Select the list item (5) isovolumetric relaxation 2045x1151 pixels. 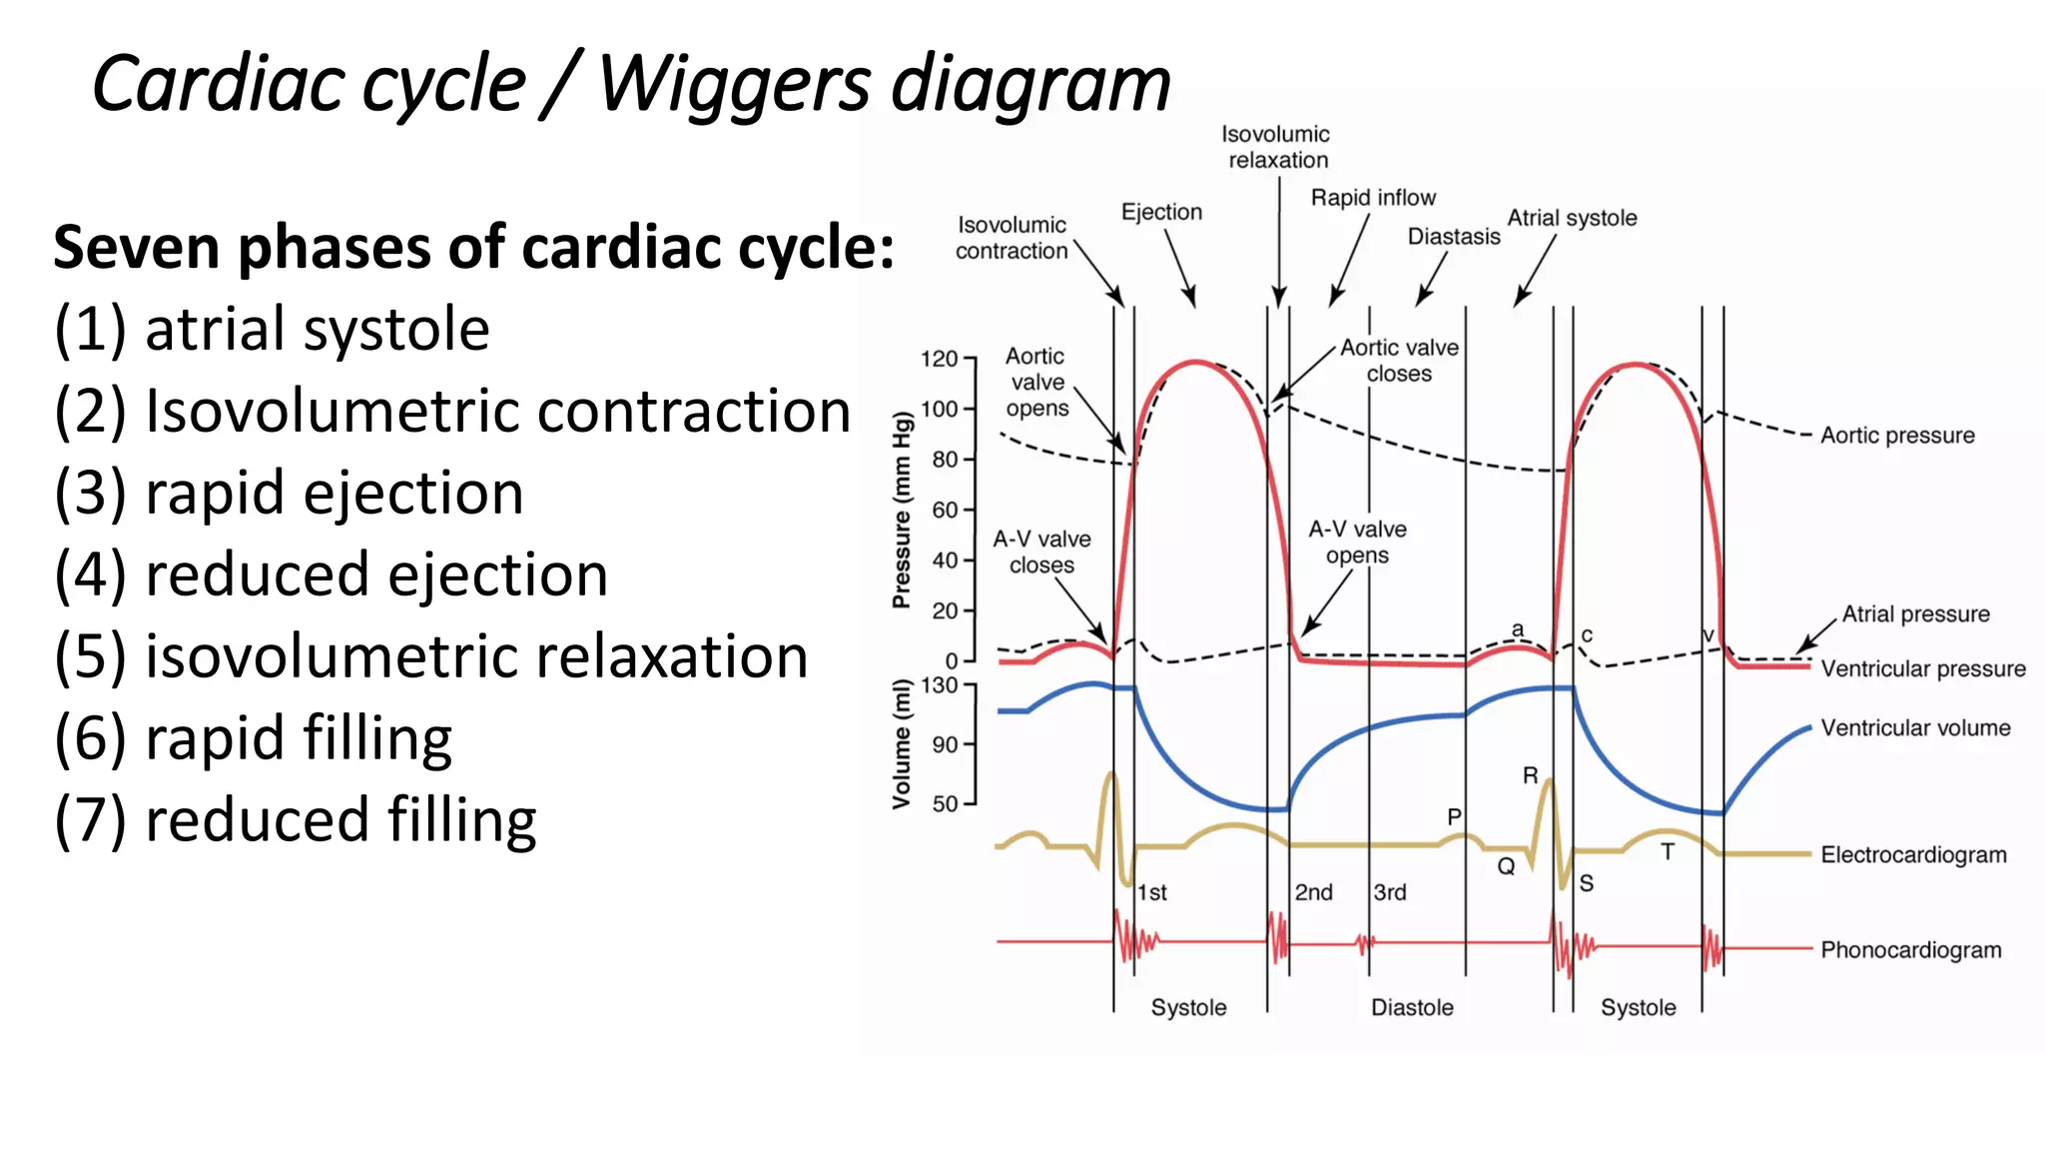pos(430,657)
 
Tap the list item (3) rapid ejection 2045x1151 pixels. pos(289,494)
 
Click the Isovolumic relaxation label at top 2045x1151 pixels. pos(1276,147)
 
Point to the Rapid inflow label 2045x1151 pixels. pos(1373,198)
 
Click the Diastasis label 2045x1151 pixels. pos(1454,237)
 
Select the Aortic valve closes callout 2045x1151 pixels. pos(1399,361)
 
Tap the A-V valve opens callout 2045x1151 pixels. pos(1357,542)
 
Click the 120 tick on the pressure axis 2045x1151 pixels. pos(939,359)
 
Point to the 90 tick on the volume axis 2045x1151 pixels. pos(945,744)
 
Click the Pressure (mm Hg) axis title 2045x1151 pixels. pos(902,510)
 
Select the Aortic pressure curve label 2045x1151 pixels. pos(1897,436)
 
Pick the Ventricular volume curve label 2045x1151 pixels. pos(1915,728)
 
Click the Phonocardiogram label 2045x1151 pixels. pos(1910,950)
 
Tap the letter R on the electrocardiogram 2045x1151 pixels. pos(1530,776)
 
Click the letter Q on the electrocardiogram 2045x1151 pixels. pos(1506,866)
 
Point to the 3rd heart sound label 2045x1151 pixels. pos(1390,892)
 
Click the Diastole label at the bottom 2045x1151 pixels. pos(1412,1007)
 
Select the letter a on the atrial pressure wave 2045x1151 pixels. pos(1518,629)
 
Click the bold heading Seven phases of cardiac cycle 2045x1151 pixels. pos(473,248)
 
